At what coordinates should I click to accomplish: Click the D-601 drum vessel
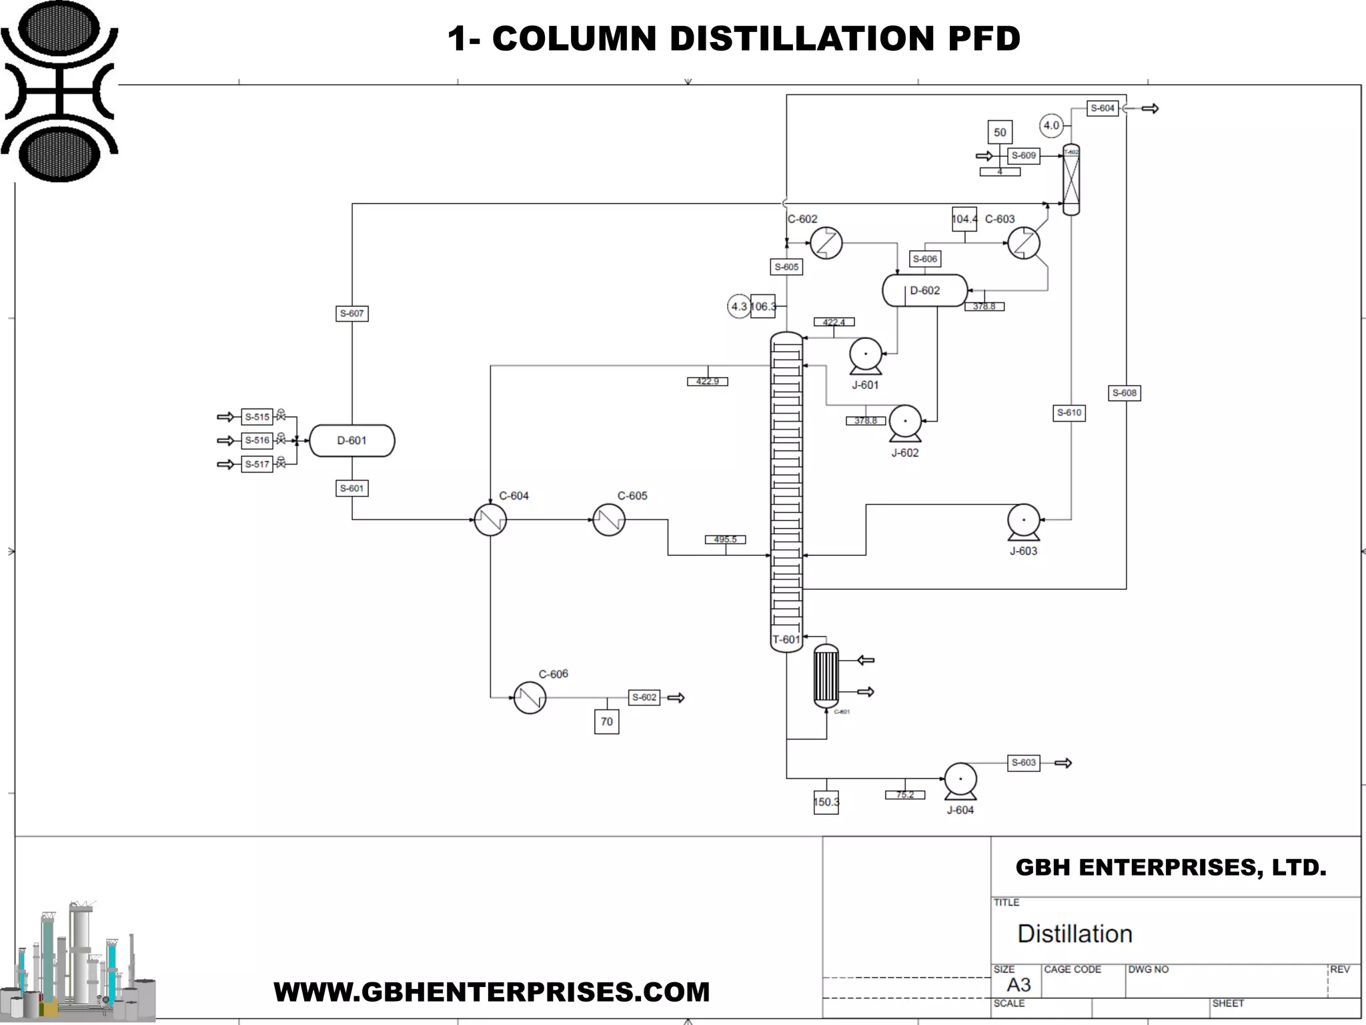(x=352, y=440)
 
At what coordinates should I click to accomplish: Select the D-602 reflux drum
(x=924, y=290)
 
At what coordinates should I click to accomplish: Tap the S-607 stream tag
(x=352, y=314)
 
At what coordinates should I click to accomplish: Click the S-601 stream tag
(x=352, y=488)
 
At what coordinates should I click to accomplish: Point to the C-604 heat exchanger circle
(x=490, y=520)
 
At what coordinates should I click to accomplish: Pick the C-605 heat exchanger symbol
(x=608, y=520)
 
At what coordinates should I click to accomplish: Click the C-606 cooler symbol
(x=530, y=697)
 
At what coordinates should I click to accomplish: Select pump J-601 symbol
(x=865, y=354)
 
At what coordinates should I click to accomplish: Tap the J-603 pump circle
(x=1023, y=520)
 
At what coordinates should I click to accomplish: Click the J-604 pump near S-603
(x=960, y=779)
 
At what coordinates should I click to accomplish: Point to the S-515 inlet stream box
(x=257, y=417)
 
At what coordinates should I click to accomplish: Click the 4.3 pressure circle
(x=738, y=306)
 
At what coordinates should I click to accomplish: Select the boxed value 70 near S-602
(x=606, y=721)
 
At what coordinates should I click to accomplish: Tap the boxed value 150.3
(x=826, y=802)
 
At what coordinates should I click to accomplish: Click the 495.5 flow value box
(x=725, y=539)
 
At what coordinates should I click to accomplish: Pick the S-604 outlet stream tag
(x=1102, y=108)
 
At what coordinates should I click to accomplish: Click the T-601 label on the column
(x=786, y=639)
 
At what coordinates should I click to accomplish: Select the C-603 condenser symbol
(x=1023, y=243)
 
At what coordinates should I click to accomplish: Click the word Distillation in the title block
(x=1075, y=934)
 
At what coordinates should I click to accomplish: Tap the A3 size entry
(x=1018, y=985)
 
